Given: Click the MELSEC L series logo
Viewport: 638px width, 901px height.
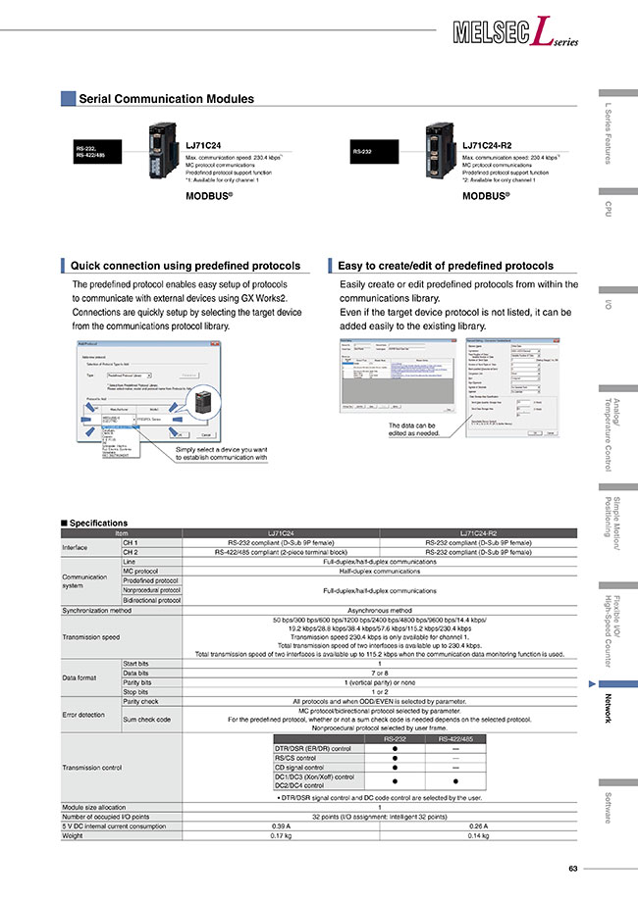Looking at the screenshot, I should pos(516,35).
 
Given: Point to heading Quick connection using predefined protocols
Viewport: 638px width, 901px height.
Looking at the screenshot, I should pos(186,266).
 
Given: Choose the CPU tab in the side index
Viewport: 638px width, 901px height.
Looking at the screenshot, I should pos(609,209).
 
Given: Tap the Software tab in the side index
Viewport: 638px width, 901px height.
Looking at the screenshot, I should pos(609,807).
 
